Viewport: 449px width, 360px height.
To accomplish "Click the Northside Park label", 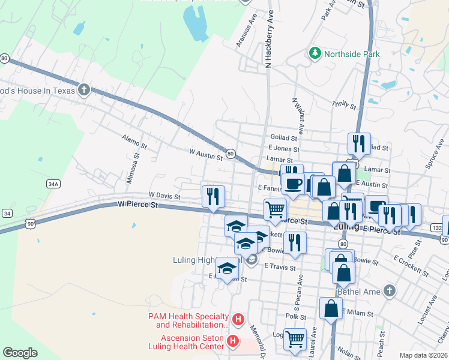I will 352,54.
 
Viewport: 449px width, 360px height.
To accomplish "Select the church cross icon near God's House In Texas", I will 84,91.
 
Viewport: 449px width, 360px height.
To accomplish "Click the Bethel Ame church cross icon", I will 390,292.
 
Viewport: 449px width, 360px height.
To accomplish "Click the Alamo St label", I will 134,142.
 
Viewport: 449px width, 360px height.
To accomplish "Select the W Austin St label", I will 206,154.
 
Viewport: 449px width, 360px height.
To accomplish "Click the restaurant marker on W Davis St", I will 214,196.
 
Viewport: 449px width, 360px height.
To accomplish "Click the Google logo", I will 20,353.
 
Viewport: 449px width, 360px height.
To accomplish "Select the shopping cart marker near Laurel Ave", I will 295,338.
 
